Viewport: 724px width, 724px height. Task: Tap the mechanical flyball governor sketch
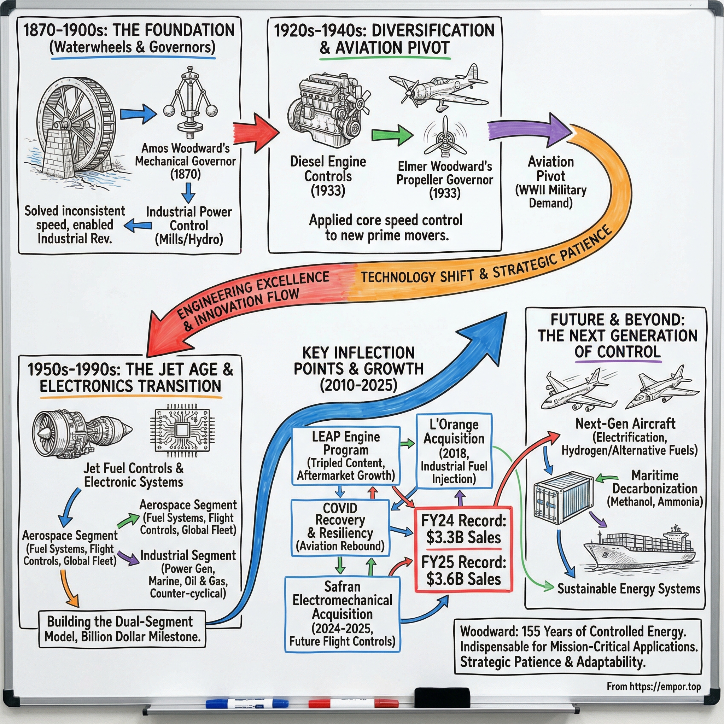click(x=191, y=103)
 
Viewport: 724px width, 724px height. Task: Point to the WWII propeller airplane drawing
click(x=438, y=88)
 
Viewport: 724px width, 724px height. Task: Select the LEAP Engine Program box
click(x=345, y=456)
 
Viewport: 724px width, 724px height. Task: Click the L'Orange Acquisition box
click(x=454, y=451)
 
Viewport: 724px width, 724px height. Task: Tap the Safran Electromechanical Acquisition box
click(x=342, y=614)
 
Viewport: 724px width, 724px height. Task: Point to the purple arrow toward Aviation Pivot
click(x=529, y=129)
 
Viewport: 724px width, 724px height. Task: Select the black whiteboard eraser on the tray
click(x=442, y=697)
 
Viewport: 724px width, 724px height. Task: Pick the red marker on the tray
click(x=352, y=703)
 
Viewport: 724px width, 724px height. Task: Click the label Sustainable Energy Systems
click(x=629, y=589)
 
